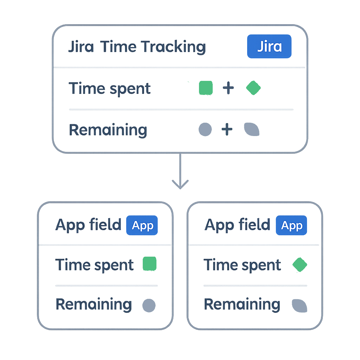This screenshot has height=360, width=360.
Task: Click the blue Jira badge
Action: click(x=269, y=46)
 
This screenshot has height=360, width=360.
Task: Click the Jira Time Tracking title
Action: click(x=136, y=47)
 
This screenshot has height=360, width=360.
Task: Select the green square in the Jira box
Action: click(x=206, y=88)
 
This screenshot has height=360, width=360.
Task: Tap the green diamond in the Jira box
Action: click(x=253, y=88)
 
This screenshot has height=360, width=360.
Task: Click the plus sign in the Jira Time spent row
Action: click(x=228, y=88)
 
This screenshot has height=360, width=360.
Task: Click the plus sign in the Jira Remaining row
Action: click(x=227, y=129)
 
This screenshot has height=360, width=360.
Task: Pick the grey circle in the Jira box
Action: click(x=205, y=129)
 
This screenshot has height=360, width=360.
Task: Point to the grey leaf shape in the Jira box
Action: click(x=252, y=130)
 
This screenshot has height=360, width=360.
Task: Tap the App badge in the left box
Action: click(x=142, y=225)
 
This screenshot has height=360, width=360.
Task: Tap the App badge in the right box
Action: click(x=291, y=225)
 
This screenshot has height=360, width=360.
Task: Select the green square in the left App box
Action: click(x=149, y=264)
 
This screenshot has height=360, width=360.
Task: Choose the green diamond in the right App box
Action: click(x=300, y=265)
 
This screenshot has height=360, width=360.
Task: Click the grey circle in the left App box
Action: click(x=149, y=305)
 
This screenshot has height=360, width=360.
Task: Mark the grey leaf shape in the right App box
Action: click(x=300, y=306)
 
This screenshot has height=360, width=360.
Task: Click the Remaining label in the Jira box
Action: click(x=108, y=130)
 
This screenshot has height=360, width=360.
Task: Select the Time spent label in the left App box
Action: click(x=95, y=265)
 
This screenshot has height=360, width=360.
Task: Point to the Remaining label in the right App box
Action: click(x=242, y=304)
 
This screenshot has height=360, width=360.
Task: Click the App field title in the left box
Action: click(x=88, y=225)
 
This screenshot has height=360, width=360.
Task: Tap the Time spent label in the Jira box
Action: click(x=110, y=88)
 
